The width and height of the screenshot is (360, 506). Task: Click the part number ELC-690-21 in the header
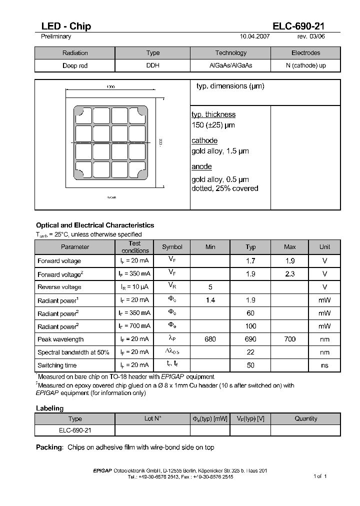pyautogui.click(x=298, y=26)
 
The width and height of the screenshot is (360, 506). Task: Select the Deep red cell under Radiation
pyautogui.click(x=75, y=65)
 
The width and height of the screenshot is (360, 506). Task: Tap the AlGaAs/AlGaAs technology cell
pyautogui.click(x=230, y=65)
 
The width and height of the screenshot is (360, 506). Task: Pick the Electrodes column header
pyautogui.click(x=305, y=53)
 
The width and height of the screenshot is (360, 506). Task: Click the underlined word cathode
pyautogui.click(x=204, y=140)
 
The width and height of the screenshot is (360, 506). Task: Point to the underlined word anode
pyautogui.click(x=201, y=166)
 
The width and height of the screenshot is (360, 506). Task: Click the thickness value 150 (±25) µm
pyautogui.click(x=213, y=125)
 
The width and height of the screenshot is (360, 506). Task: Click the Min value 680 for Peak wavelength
pyautogui.click(x=210, y=339)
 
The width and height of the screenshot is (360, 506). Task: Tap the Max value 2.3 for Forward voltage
pyautogui.click(x=289, y=274)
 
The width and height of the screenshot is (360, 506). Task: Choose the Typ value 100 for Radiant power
pyautogui.click(x=250, y=326)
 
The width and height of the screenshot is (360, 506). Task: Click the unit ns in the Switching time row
pyautogui.click(x=324, y=365)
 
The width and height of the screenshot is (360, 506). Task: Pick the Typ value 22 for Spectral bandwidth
pyautogui.click(x=250, y=352)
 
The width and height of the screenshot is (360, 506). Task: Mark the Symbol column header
pyautogui.click(x=172, y=247)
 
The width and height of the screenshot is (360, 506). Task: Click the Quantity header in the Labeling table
pyautogui.click(x=305, y=419)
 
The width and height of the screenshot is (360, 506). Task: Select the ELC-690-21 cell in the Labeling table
pyautogui.click(x=75, y=430)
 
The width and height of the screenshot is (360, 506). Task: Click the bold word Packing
pyautogui.click(x=49, y=447)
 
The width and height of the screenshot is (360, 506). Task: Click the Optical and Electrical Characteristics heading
pyautogui.click(x=95, y=225)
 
